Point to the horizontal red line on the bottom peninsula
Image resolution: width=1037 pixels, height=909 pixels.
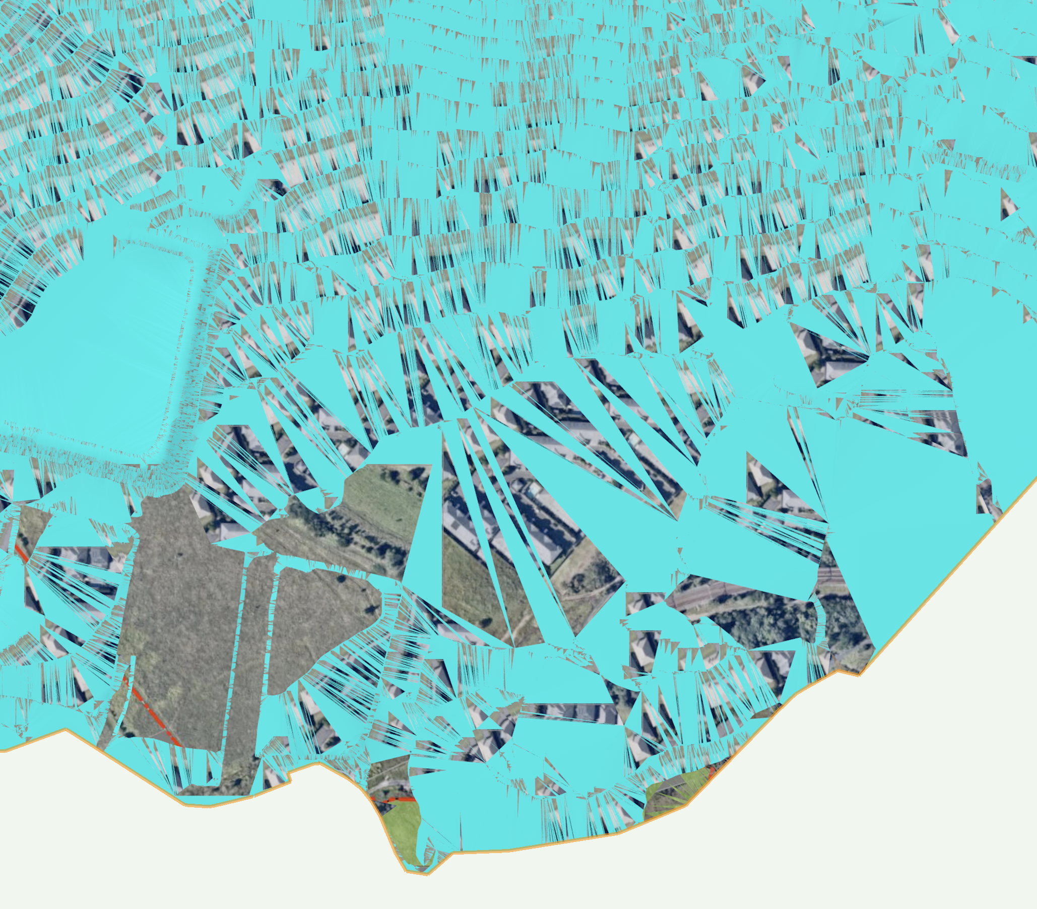click(x=393, y=800)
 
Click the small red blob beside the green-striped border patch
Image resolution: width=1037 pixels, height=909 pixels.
click(x=711, y=772)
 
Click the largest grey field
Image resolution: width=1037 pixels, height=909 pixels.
click(x=177, y=609)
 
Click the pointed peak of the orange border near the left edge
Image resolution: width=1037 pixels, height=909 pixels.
click(x=65, y=730)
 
